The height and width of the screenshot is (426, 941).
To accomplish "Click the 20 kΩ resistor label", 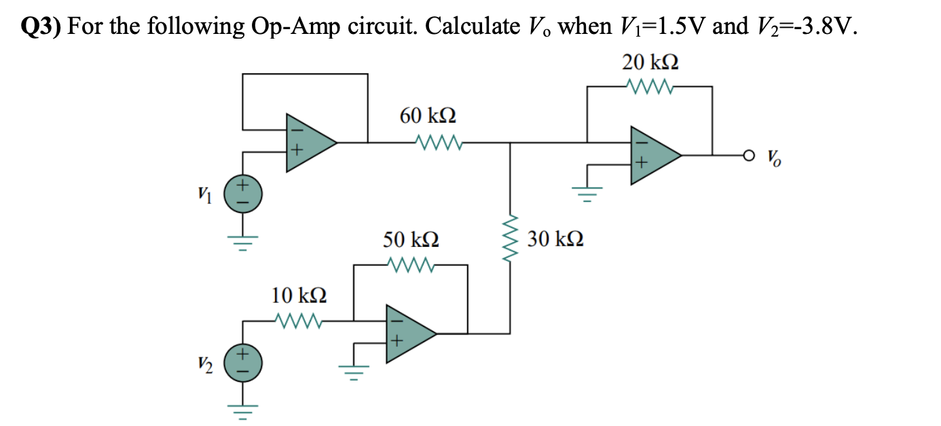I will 650,62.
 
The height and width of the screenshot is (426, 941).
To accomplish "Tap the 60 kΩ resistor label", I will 428,116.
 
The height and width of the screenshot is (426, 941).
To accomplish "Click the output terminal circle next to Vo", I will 748,155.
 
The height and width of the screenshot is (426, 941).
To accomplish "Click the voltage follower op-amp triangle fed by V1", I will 309,142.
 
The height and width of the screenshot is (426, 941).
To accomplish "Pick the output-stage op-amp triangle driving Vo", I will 653,155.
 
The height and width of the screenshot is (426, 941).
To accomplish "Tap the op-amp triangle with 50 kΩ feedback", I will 408,333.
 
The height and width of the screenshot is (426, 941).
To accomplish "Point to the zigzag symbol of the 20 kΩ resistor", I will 650,86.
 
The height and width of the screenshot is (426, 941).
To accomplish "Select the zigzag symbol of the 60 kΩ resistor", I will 439,142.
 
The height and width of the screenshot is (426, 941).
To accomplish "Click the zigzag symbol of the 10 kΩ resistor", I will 299,319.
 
